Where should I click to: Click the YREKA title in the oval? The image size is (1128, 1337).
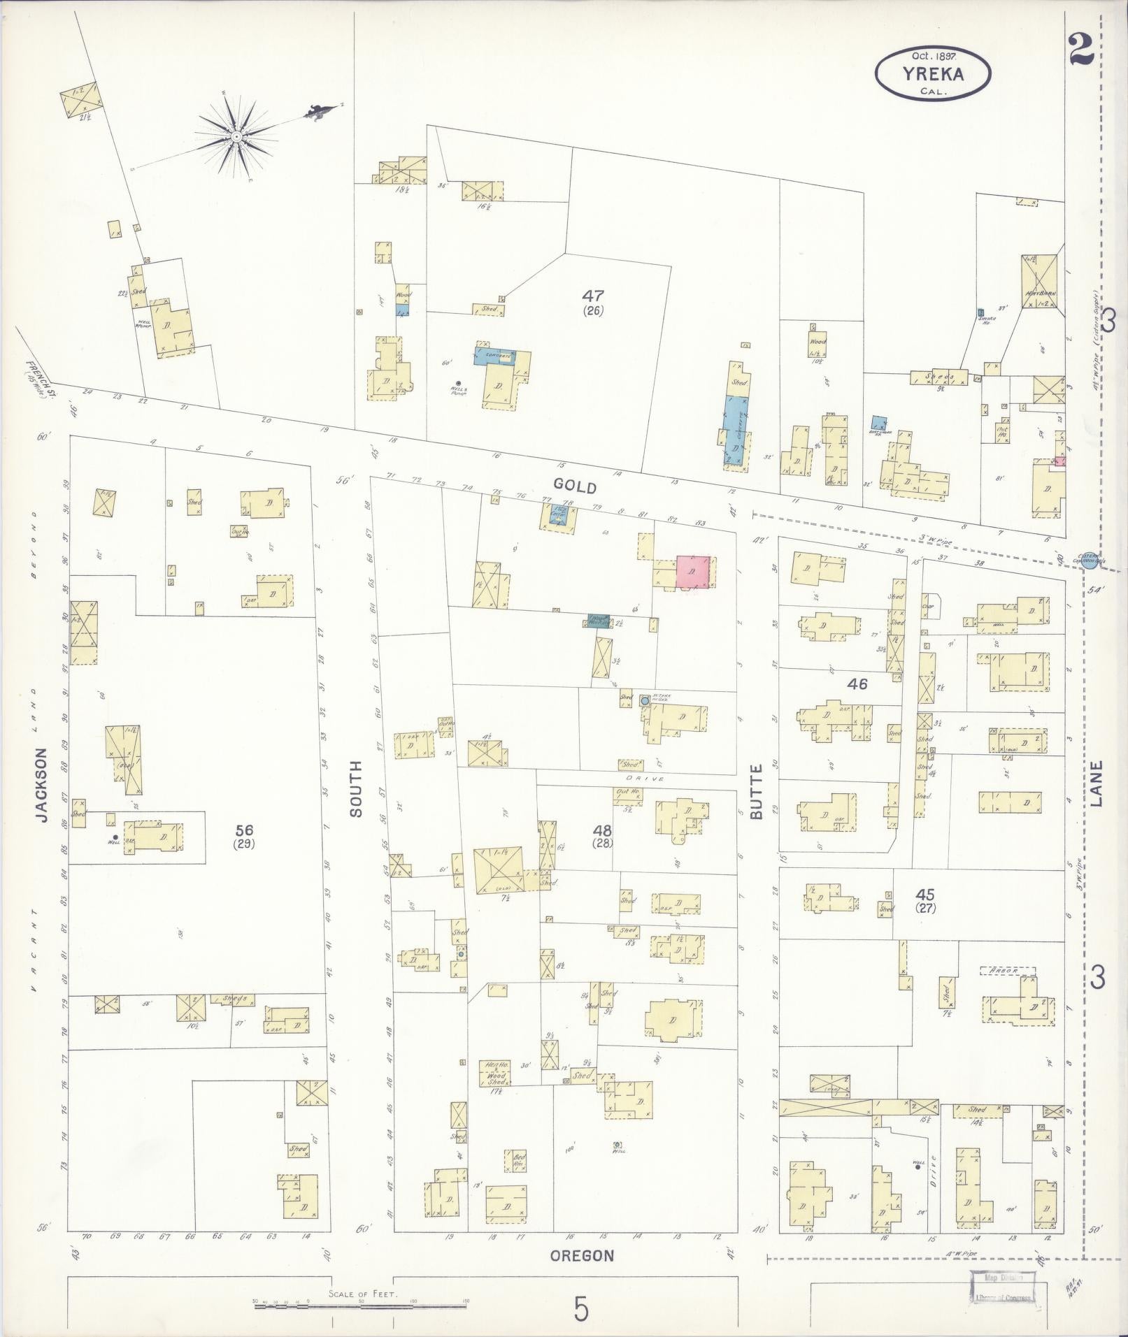click(x=933, y=73)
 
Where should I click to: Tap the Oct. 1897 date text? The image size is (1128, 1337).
click(x=933, y=55)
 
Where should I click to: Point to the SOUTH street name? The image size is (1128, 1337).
click(x=356, y=788)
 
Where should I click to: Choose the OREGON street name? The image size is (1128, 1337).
click(x=582, y=1255)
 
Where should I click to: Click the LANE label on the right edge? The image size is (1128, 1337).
click(x=1096, y=783)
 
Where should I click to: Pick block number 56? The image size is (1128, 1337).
click(x=244, y=830)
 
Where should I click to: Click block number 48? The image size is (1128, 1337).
click(x=602, y=830)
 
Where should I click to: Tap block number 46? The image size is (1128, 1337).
click(x=857, y=684)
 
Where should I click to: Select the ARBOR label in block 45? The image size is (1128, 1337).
click(x=1006, y=971)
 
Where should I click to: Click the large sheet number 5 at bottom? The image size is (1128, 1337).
click(x=581, y=1309)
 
